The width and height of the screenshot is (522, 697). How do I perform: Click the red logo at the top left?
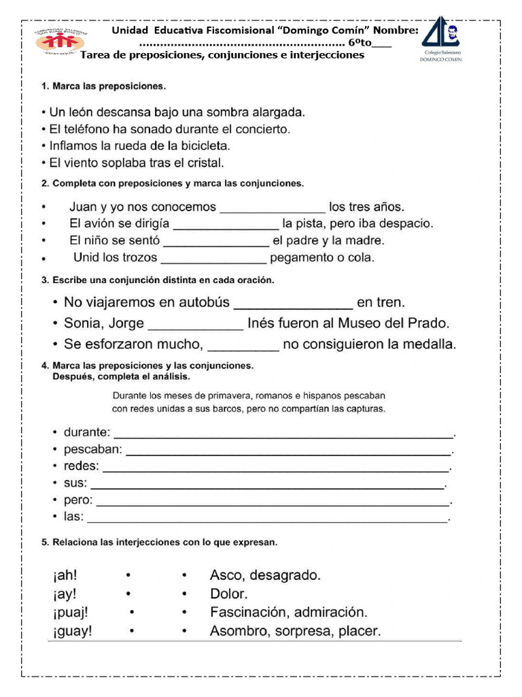click(61, 42)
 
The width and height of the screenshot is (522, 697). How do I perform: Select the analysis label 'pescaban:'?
click(93, 449)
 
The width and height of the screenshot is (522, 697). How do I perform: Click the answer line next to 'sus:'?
click(267, 485)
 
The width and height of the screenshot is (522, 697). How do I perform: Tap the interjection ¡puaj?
click(70, 612)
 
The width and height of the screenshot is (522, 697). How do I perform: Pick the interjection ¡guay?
click(72, 631)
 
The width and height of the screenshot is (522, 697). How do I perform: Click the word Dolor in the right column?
click(229, 594)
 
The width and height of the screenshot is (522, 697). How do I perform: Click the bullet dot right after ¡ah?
click(128, 576)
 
